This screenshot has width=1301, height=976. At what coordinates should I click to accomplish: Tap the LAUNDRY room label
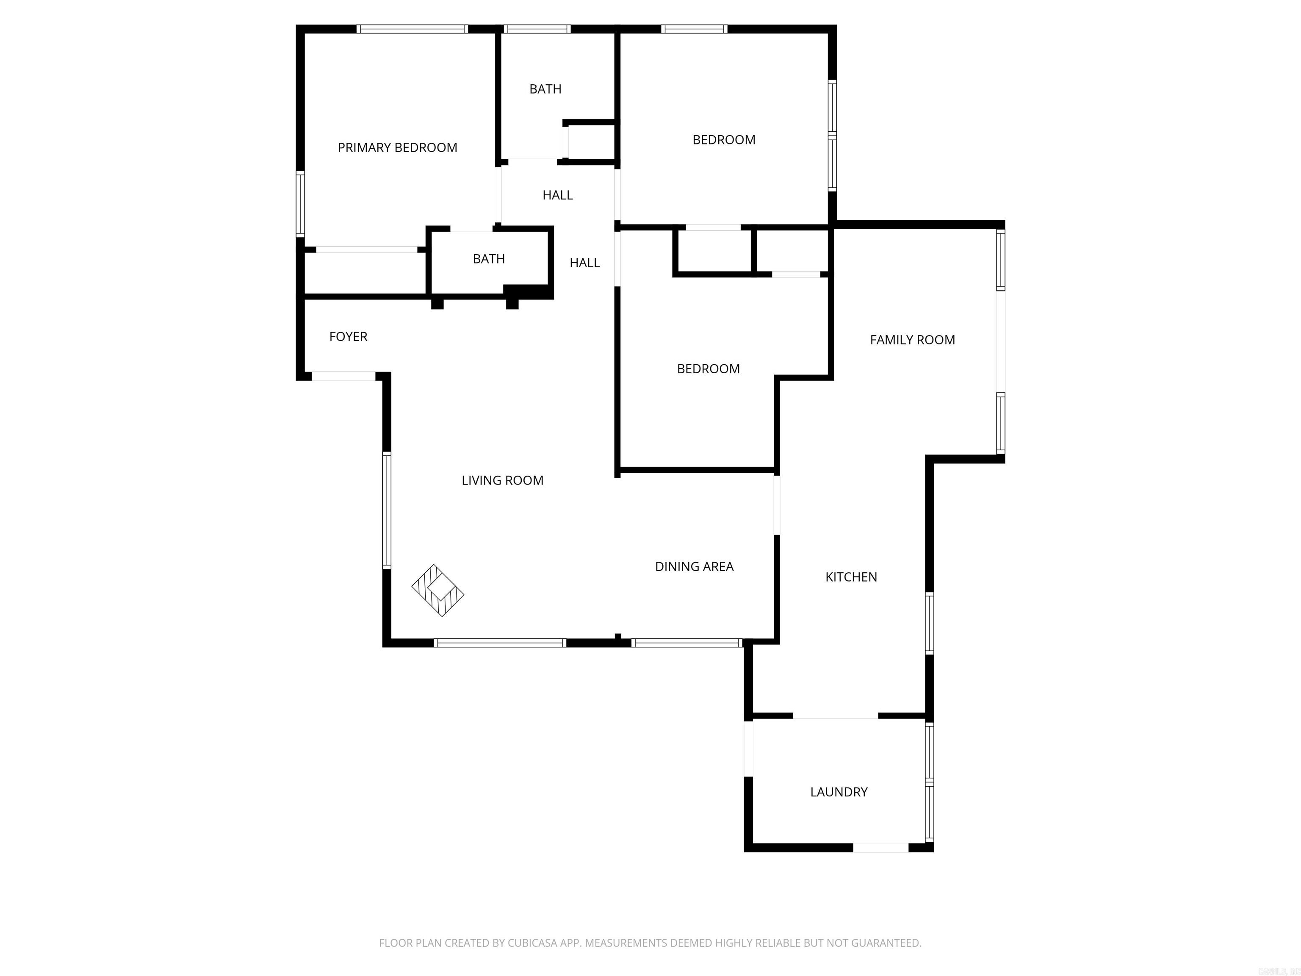[x=839, y=792]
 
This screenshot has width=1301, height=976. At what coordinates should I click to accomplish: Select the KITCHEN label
[x=851, y=577]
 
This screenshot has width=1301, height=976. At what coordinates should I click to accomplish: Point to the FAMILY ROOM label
[x=912, y=340]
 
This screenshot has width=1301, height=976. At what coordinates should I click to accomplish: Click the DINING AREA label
[x=694, y=566]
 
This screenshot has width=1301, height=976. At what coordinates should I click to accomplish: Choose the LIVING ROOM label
[x=502, y=481]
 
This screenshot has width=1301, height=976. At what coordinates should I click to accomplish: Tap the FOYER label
[x=348, y=336]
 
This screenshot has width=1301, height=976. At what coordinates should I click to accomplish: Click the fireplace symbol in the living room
[x=437, y=590]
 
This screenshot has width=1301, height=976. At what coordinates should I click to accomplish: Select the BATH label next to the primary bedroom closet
[x=489, y=259]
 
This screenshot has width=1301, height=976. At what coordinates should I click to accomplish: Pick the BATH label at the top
[x=545, y=89]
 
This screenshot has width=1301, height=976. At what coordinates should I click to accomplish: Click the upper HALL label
[x=558, y=195]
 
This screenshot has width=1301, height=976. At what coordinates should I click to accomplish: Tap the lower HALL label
[x=584, y=263]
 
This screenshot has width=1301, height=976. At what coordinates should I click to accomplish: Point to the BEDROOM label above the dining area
[x=708, y=369]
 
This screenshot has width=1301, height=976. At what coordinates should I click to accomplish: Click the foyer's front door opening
[x=343, y=377]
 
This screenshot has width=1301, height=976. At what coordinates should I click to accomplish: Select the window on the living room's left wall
[x=386, y=510]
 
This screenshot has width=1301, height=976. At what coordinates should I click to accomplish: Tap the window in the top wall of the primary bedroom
[x=412, y=29]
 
